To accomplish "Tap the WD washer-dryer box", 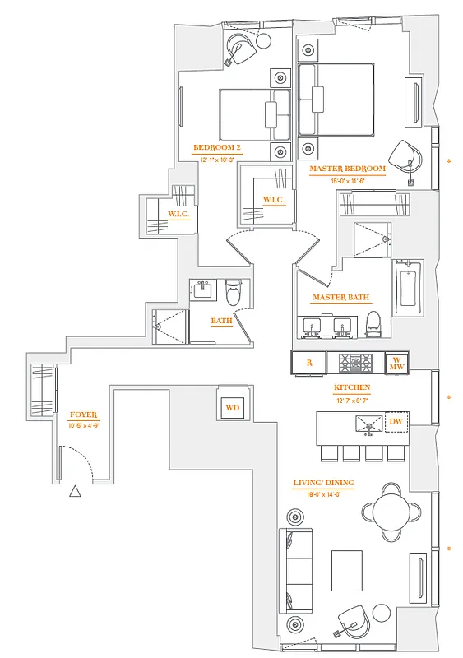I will click(x=232, y=407).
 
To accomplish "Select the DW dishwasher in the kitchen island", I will click(x=396, y=422).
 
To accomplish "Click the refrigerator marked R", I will click(x=308, y=362).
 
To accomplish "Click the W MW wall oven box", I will click(x=396, y=362).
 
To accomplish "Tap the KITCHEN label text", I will click(x=351, y=387).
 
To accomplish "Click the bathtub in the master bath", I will click(x=408, y=287).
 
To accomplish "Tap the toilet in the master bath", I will click(x=374, y=322).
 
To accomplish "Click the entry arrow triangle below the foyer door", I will click(x=75, y=492).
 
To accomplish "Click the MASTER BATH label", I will click(x=340, y=298).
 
